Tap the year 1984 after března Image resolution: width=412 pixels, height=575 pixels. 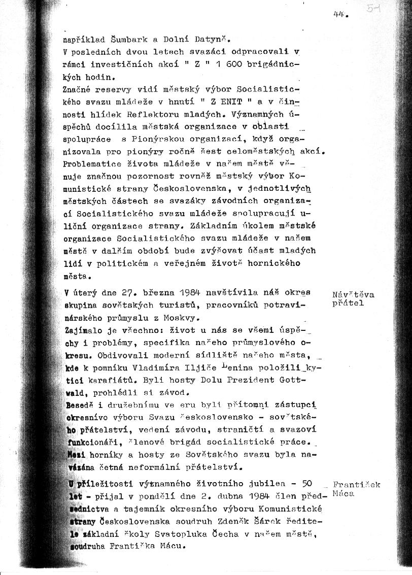[x=189, y=293]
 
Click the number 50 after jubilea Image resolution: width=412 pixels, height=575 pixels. [x=307, y=484]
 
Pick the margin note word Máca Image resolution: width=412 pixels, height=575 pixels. [x=344, y=493]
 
